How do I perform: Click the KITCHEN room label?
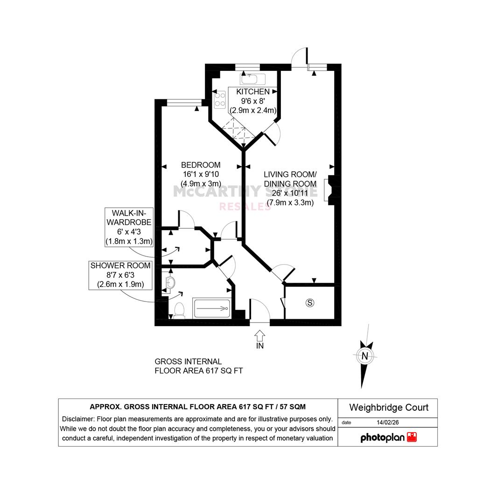coord(252,91)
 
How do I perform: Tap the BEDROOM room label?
coord(201,165)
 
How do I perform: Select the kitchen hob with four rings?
coord(220,99)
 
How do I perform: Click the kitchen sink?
coord(252,79)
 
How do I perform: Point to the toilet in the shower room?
coord(179,310)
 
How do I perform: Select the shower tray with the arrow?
coord(212,308)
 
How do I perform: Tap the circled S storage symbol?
coord(310,303)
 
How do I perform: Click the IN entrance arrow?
coord(260,336)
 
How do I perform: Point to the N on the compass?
coord(365,356)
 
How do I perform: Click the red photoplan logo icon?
coord(412,437)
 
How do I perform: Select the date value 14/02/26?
coord(388,422)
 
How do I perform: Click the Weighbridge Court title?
coord(389,407)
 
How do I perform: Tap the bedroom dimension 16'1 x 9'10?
coord(201,174)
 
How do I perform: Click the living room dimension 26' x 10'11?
coord(290,193)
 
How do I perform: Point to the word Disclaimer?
coord(77,419)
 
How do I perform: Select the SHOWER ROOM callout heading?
coord(120,266)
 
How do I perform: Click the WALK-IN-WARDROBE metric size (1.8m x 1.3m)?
coord(129,241)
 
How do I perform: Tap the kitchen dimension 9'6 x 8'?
coord(253,101)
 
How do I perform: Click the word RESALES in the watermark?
coord(245,207)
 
